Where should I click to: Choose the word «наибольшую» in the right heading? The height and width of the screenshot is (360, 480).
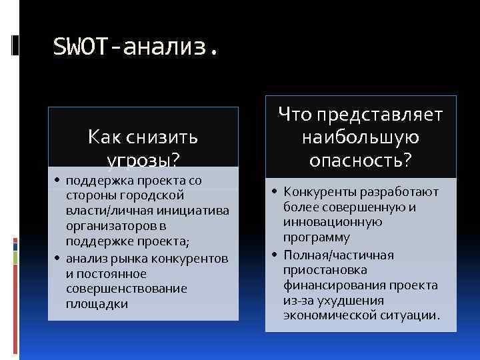point(360,138)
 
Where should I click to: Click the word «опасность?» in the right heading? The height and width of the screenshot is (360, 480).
point(360,161)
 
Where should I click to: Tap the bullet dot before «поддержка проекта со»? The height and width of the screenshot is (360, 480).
point(57,181)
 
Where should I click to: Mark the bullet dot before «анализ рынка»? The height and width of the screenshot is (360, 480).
point(57,259)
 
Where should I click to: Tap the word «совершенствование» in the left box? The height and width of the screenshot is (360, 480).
point(127,289)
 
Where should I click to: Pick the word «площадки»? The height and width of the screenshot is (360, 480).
point(97,304)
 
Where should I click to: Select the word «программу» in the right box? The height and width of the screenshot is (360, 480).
point(316,238)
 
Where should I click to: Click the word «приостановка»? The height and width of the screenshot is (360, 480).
point(319,269)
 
